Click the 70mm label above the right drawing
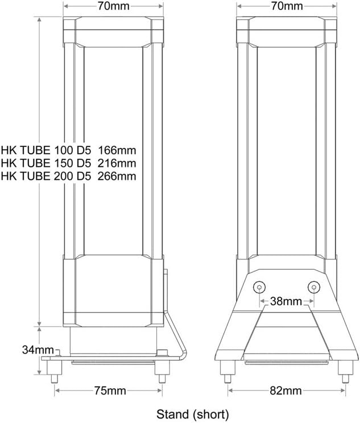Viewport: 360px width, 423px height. click(287, 6)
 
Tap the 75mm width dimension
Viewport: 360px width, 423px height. click(110, 391)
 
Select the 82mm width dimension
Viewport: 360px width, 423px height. click(285, 391)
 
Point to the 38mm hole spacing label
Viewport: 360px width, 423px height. click(286, 301)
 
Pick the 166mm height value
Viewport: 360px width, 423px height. click(117, 150)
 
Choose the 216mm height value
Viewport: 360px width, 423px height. click(117, 163)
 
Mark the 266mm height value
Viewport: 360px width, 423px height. click(117, 176)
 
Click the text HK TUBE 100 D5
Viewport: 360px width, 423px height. click(46, 150)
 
